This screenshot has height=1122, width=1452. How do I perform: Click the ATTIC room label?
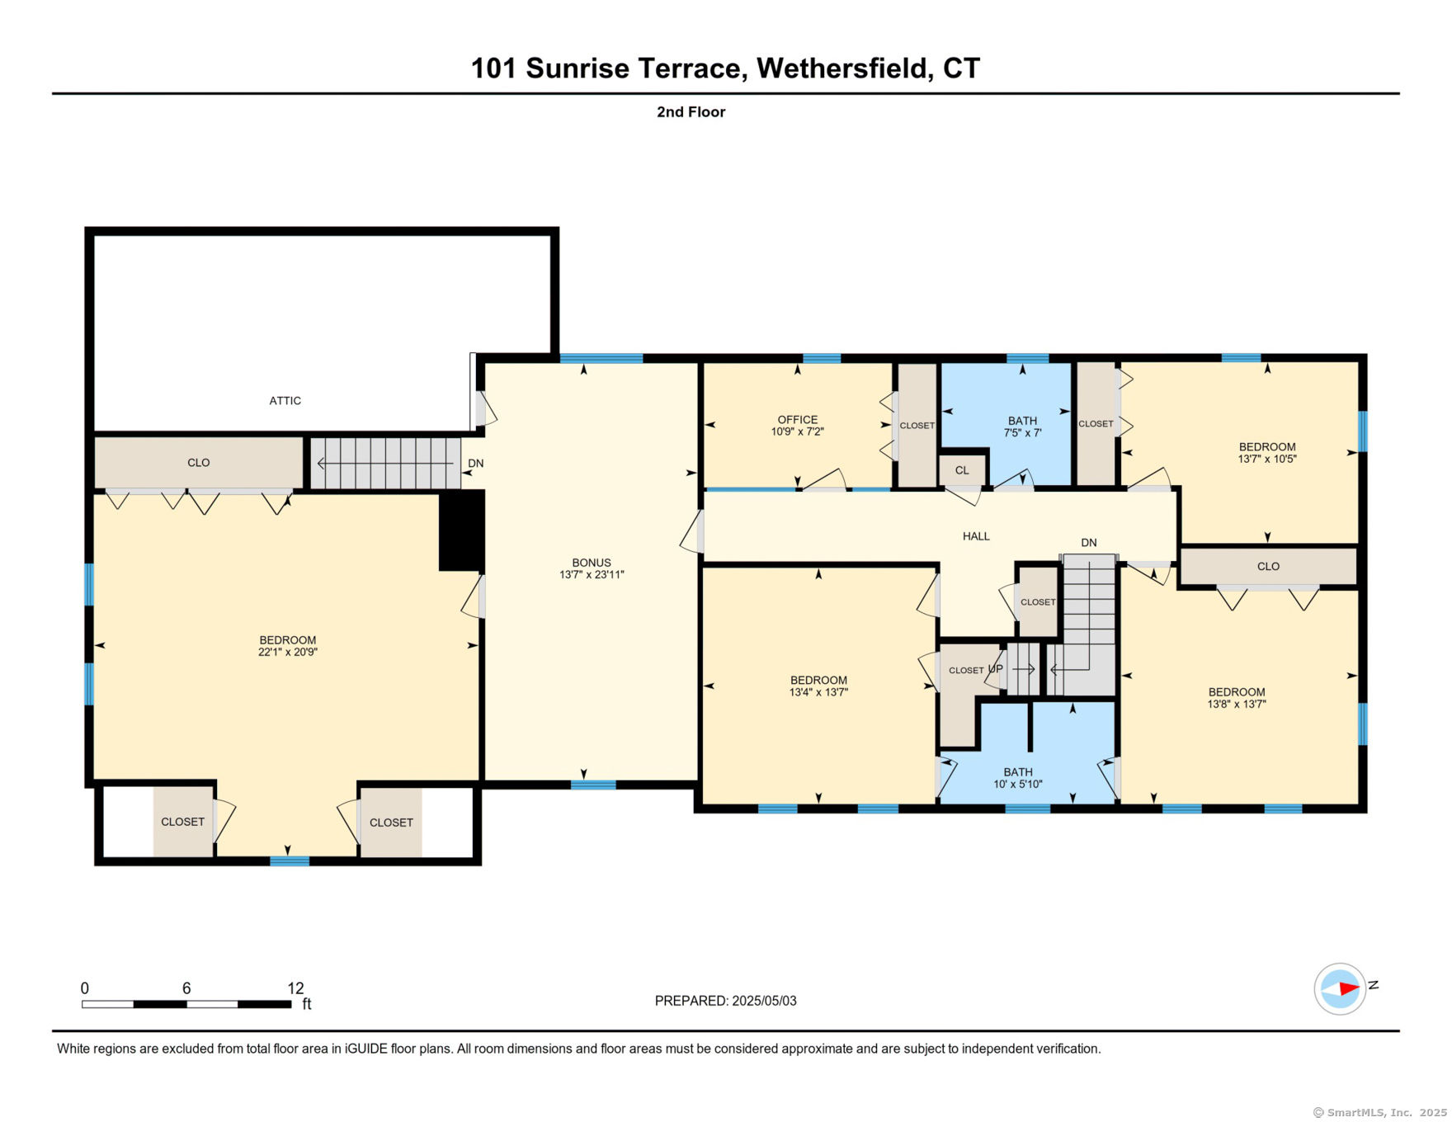[x=285, y=401]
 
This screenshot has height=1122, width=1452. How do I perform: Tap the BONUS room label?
[x=592, y=563]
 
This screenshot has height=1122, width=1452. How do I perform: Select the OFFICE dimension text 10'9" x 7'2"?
[x=798, y=431]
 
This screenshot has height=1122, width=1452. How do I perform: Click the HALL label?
[x=976, y=536]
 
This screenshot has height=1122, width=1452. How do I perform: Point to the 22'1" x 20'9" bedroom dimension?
[x=288, y=652]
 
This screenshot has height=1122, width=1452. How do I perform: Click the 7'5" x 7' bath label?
[x=1023, y=432]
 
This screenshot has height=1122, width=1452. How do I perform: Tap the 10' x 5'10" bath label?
[x=1018, y=784]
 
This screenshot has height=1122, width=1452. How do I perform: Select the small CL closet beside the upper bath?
[x=962, y=470]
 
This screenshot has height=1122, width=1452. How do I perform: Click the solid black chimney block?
[x=461, y=530]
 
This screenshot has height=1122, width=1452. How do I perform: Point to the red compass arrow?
[x=1348, y=988]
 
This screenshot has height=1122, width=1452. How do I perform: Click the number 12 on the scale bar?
[x=295, y=988]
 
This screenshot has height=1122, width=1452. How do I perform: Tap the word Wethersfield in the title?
[x=843, y=68]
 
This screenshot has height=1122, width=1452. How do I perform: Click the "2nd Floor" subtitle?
[x=691, y=112]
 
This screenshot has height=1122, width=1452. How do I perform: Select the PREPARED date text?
[x=726, y=1001]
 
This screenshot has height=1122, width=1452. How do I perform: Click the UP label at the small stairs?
[x=996, y=669]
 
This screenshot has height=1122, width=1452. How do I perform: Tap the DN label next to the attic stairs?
[x=476, y=464]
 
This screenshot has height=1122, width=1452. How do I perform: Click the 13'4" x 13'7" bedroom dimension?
[x=818, y=692]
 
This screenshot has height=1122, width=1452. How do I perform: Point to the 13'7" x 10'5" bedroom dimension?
[x=1267, y=459]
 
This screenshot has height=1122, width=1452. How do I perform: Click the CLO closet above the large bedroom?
[x=199, y=463]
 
